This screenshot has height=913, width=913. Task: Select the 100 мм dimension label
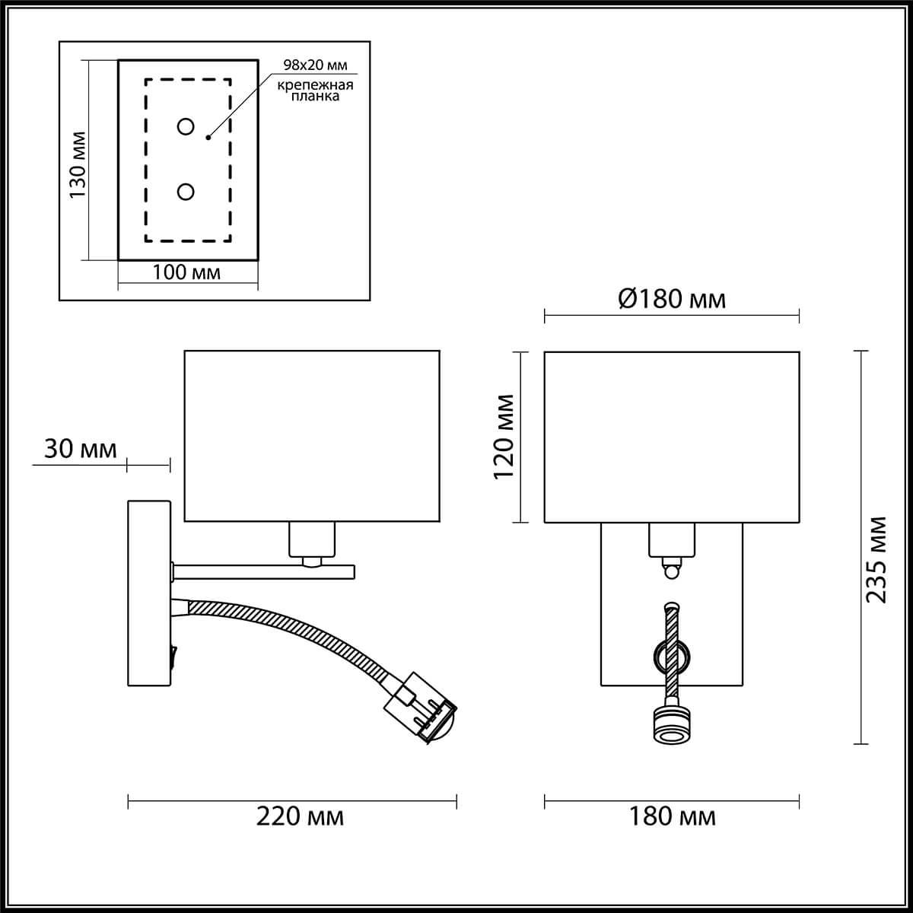tap(186, 272)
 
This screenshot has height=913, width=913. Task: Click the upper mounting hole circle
tap(186, 126)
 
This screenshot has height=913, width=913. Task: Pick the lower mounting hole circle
tap(186, 192)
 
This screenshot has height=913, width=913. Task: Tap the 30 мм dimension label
tap(81, 449)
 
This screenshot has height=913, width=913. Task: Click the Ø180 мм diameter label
tap(672, 299)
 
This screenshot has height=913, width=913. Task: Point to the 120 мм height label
tap(504, 436)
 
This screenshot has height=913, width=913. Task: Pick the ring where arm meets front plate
tap(672, 654)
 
